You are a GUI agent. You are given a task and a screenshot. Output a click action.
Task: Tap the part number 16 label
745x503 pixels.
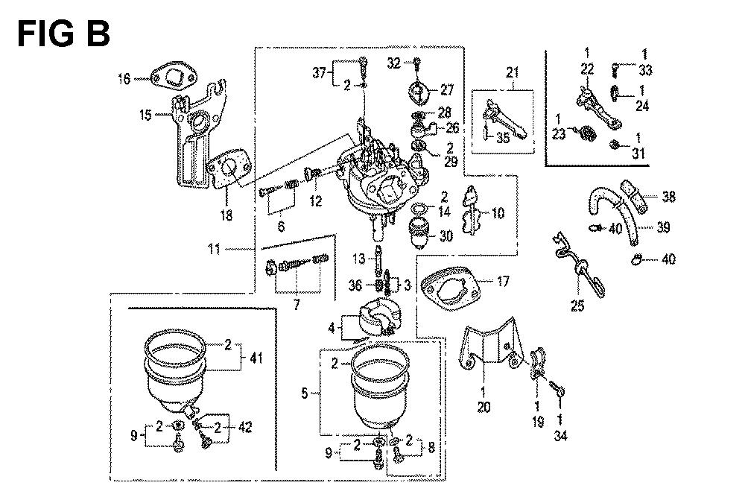[124, 77]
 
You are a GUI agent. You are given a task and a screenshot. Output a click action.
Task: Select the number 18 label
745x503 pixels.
[226, 216]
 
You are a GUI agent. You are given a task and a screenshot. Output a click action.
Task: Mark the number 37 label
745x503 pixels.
[318, 72]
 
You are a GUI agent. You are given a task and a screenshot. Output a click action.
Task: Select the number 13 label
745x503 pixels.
[359, 258]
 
